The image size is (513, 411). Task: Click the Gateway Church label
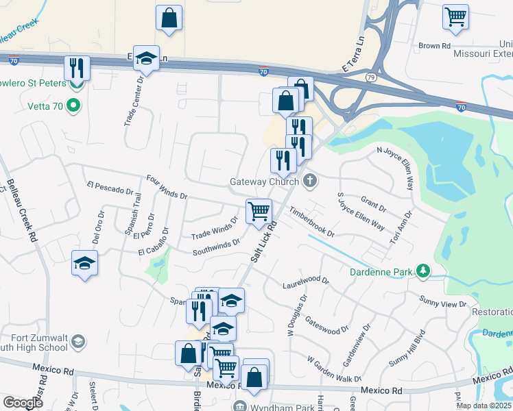(x=263, y=182)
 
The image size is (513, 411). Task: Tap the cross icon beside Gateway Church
(x=310, y=182)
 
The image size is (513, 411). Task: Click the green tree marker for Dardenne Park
(x=424, y=272)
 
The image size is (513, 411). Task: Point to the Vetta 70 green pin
(x=75, y=105)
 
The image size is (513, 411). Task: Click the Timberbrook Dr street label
(x=312, y=223)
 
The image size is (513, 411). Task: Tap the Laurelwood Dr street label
(x=307, y=282)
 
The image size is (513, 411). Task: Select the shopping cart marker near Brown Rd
(x=455, y=16)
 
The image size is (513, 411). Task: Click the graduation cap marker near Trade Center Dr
(x=146, y=59)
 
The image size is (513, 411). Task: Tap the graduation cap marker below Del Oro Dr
(x=85, y=263)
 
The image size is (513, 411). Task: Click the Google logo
(x=23, y=403)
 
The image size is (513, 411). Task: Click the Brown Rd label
(x=434, y=46)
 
